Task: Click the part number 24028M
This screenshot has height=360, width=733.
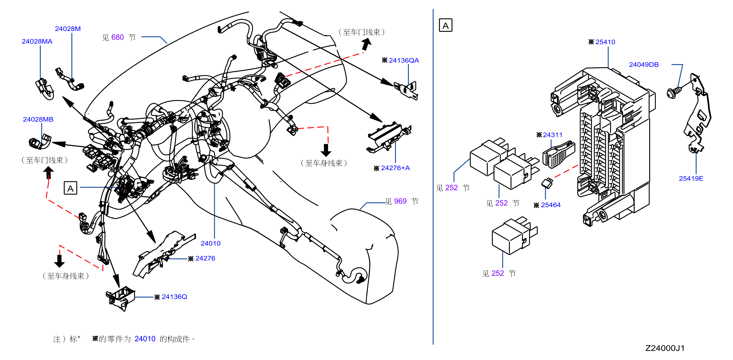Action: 68,29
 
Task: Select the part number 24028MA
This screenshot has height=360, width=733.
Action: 37,41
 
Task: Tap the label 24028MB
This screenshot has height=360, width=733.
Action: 38,119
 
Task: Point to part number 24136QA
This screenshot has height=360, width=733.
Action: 404,60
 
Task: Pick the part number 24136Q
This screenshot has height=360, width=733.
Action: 174,297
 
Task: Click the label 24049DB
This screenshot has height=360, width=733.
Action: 644,65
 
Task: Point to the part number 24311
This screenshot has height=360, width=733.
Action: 552,135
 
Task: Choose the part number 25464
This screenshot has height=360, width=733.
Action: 551,205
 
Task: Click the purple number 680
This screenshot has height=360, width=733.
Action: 118,37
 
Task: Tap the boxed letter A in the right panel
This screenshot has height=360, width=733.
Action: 446,25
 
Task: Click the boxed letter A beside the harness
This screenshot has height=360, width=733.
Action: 70,188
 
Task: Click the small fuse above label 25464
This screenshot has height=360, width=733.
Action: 547,183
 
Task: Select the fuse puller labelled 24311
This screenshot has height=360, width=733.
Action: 558,155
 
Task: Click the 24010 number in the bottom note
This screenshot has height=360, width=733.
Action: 145,339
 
